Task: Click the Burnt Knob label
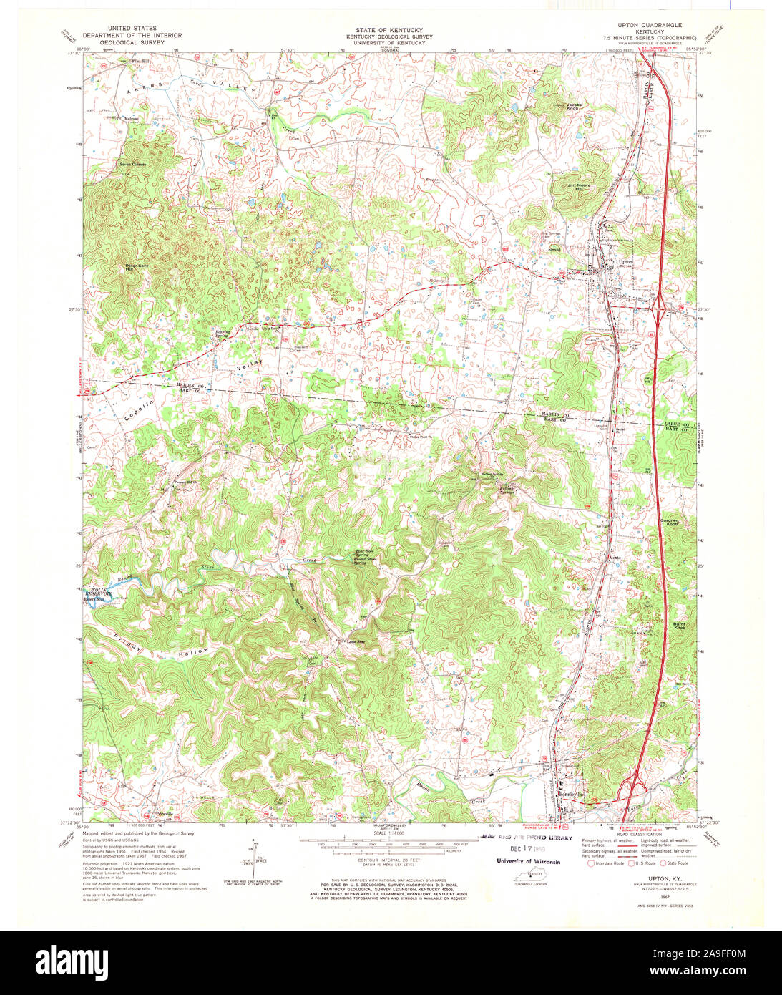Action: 679,626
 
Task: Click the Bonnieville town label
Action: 571,795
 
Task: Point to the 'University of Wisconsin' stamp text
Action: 529,861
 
